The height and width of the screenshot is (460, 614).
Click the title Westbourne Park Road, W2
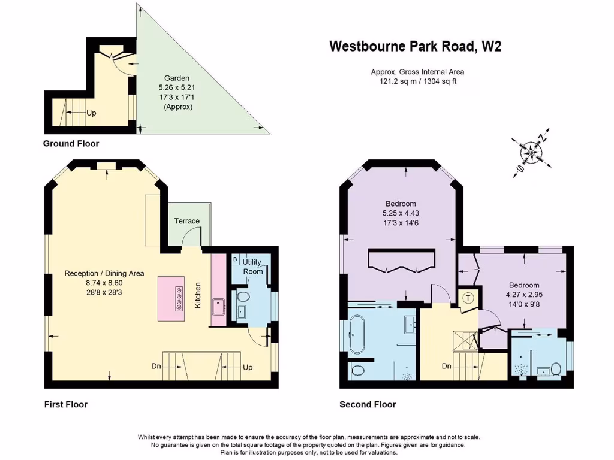tap(415, 47)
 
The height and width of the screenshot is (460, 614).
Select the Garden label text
tap(177, 78)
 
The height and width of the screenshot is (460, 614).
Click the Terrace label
tap(187, 221)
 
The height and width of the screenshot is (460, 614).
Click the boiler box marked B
tap(235, 259)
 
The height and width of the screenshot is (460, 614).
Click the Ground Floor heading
tap(71, 144)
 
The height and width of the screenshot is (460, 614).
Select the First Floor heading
tap(66, 404)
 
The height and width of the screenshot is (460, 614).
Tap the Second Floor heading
tap(368, 404)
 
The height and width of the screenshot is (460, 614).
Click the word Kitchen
tap(198, 295)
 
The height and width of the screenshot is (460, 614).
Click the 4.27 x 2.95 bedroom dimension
tap(524, 295)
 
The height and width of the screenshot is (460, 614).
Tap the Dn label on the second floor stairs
tap(447, 366)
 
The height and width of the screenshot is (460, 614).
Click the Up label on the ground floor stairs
tap(91, 113)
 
